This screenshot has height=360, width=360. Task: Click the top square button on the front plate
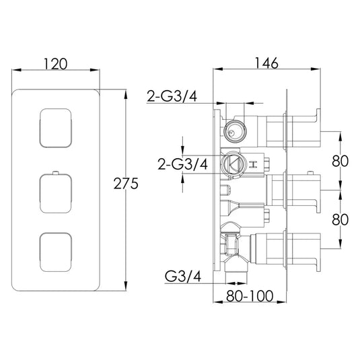point(57,127)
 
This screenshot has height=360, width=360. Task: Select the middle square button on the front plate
point(57,190)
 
